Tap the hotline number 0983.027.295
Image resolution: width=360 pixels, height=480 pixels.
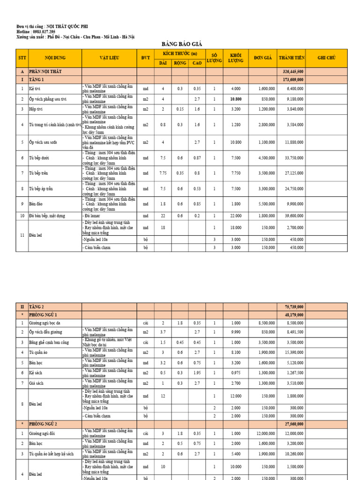48,31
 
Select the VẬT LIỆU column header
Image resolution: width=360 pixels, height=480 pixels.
109,58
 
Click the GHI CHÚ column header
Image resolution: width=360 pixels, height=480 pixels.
327,58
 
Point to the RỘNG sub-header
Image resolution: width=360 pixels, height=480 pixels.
180,63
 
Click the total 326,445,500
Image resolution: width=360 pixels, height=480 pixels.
293,72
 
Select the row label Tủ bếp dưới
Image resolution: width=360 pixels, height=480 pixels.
39,158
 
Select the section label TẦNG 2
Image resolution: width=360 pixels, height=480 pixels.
36,307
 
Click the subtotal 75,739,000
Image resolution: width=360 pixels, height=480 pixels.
293,307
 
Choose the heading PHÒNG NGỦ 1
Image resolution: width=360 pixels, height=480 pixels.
45,315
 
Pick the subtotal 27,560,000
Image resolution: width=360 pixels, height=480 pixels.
293,424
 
